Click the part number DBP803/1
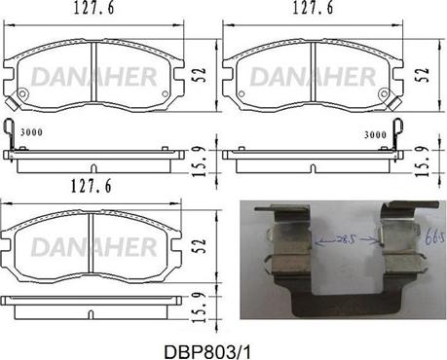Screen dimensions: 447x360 point(207,351)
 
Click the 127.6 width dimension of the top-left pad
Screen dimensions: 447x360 point(94,8)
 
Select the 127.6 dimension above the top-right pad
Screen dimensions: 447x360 point(313,8)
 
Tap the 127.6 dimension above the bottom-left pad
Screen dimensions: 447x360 point(92,186)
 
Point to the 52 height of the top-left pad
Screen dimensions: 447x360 point(201,75)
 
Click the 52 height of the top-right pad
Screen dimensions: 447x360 point(424,74)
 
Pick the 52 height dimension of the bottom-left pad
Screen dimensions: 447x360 point(201,246)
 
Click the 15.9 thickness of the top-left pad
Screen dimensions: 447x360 point(200,162)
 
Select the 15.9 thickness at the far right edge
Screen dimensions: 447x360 point(423,162)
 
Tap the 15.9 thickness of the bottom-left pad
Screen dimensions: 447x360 point(199,307)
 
